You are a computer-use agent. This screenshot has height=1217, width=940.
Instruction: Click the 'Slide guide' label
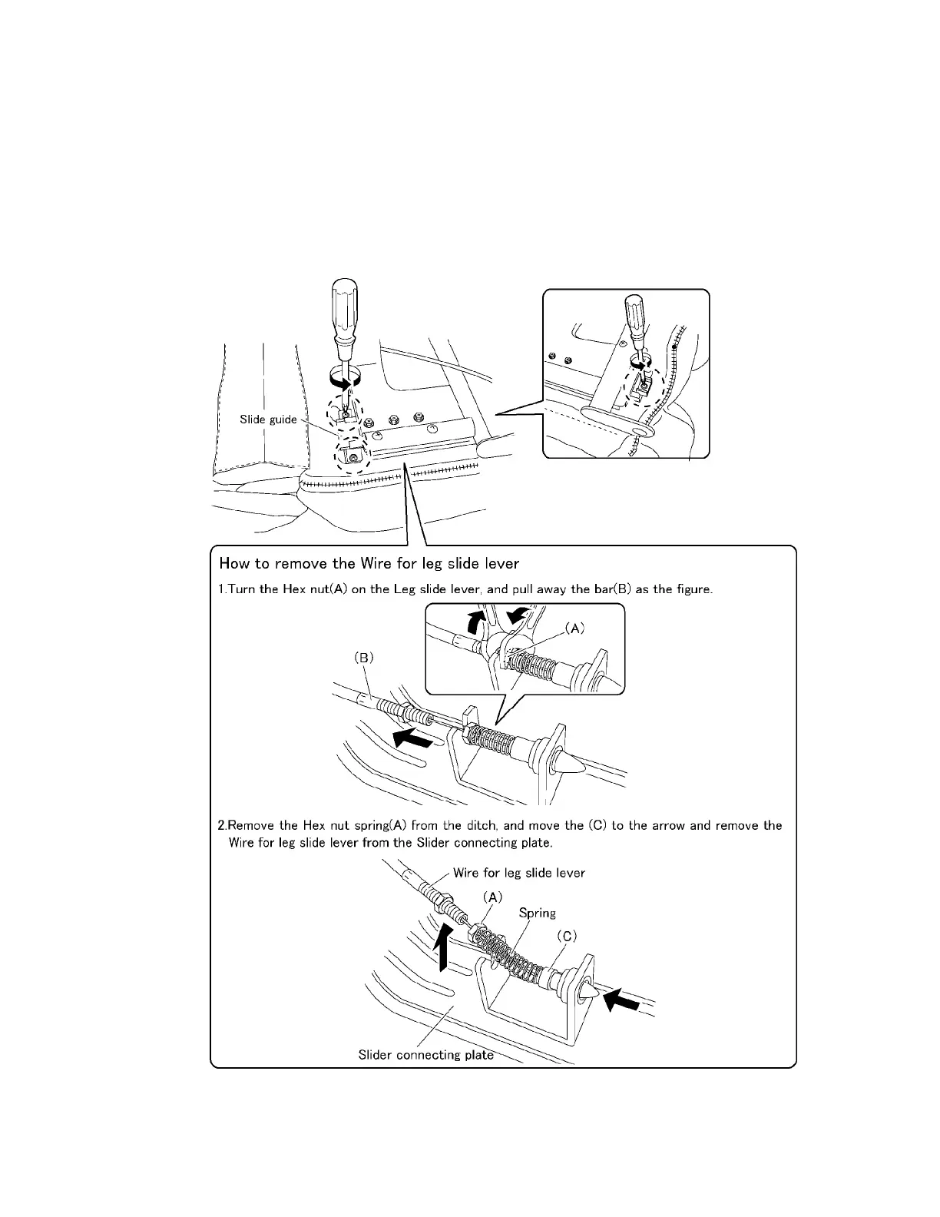[x=268, y=419]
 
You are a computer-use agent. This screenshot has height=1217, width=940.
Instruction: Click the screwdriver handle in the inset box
[x=635, y=315]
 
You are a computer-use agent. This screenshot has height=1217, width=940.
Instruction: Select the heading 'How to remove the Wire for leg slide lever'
[x=369, y=563]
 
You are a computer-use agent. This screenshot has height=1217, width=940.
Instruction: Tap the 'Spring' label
[x=537, y=913]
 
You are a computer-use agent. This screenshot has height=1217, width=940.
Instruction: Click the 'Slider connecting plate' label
[x=425, y=1055]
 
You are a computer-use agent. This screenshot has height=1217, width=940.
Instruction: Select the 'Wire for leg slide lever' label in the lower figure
[x=518, y=873]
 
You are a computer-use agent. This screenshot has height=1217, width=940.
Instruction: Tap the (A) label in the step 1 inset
[x=575, y=628]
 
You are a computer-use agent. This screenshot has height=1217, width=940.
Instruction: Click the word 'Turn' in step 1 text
[x=241, y=590]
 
